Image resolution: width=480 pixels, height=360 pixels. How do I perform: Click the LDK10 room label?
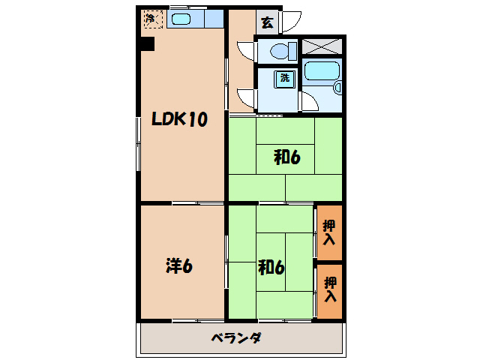click(x=179, y=119)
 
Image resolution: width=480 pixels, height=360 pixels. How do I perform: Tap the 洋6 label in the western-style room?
click(x=180, y=265)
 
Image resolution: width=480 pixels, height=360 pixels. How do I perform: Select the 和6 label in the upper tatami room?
click(x=286, y=157)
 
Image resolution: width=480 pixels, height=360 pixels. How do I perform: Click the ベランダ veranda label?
click(x=235, y=338)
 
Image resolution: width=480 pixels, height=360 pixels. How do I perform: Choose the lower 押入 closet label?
click(x=330, y=289)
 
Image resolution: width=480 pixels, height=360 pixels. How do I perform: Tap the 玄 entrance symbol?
click(x=267, y=22)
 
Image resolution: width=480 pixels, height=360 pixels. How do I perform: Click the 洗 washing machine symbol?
click(x=285, y=77)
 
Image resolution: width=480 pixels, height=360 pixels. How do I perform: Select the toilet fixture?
click(x=278, y=52)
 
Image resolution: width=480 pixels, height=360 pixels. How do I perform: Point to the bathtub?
click(x=322, y=73)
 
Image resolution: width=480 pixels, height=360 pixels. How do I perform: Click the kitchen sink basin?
click(x=181, y=19)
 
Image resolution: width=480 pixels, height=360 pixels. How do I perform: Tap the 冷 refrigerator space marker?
click(x=151, y=18)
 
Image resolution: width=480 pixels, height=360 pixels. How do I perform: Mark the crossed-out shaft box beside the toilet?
click(x=322, y=46)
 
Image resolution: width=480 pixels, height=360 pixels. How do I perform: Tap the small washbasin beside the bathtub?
click(x=337, y=88)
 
